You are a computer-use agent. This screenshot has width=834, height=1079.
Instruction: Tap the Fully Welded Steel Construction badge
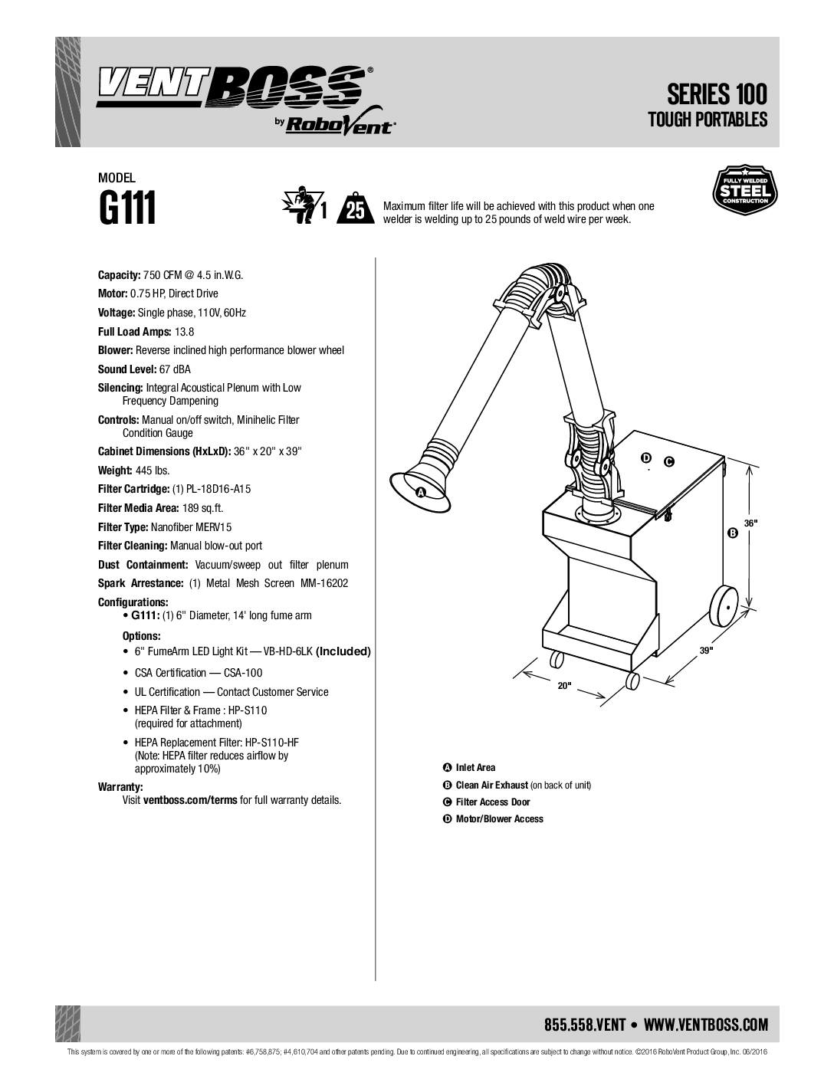tap(745, 190)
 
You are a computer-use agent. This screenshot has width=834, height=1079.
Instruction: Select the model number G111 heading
tap(127, 208)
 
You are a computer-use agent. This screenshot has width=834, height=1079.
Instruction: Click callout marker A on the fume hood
tap(421, 492)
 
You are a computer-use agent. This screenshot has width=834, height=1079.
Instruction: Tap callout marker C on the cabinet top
tap(669, 462)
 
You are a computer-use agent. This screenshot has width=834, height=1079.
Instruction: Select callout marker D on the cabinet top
tap(646, 457)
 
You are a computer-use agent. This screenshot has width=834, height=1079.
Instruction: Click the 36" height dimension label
tap(750, 523)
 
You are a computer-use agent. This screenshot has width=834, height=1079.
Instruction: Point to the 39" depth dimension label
tap(706, 651)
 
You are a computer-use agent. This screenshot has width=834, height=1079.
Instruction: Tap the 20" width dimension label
tap(564, 686)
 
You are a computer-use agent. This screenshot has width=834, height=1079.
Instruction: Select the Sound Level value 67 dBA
tap(175, 369)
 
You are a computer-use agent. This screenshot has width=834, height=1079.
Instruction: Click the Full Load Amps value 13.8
tap(184, 332)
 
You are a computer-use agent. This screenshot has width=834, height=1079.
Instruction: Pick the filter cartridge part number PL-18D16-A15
tap(212, 489)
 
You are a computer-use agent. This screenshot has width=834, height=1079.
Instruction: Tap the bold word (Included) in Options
tap(343, 651)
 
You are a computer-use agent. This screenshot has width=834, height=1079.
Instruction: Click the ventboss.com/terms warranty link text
tap(190, 800)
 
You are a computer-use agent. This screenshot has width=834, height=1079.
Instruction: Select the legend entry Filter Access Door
tap(493, 802)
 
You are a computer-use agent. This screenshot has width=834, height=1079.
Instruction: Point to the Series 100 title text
tap(717, 94)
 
